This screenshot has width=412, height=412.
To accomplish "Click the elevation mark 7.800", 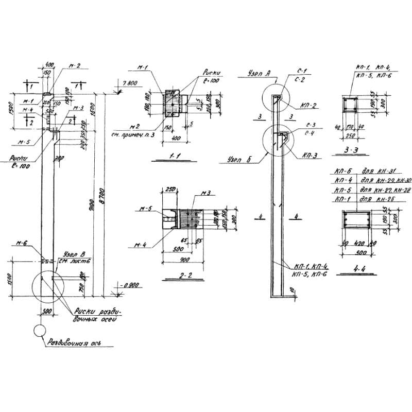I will pyautogui.click(x=130, y=82).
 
